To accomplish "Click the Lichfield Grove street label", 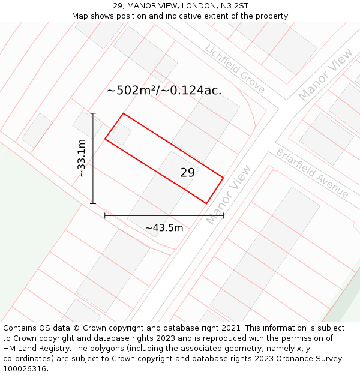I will (x=235, y=68).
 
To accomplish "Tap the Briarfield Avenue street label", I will (x=312, y=173).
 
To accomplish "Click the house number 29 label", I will (x=187, y=173).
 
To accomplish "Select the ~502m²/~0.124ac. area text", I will (x=164, y=91).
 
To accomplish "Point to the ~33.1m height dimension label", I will (x=82, y=158).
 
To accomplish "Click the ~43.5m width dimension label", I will (x=164, y=228).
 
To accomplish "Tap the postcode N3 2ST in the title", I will (x=233, y=6).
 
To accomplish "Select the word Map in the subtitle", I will (x=80, y=16).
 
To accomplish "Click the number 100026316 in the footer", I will (x=25, y=369).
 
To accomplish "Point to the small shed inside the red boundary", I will (x=121, y=134).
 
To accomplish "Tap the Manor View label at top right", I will (x=326, y=74).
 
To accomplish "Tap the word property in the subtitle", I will (x=271, y=16).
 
